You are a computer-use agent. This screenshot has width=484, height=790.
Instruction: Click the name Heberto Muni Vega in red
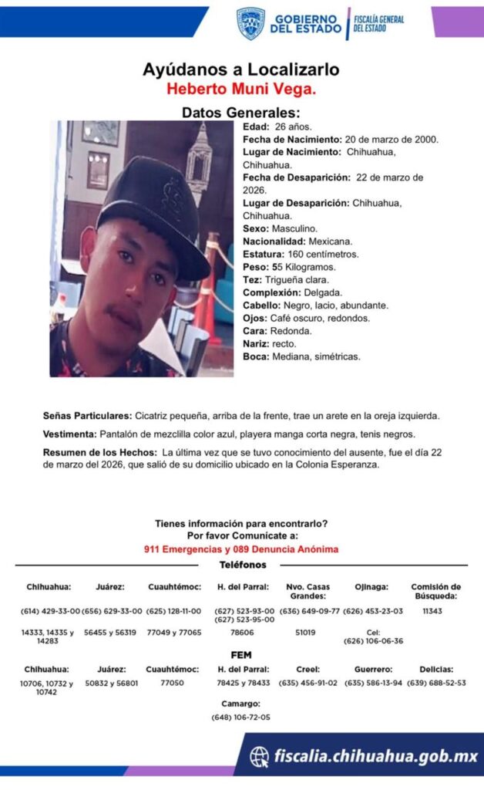click(x=241, y=89)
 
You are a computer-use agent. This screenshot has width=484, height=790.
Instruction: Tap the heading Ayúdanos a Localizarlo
click(x=241, y=69)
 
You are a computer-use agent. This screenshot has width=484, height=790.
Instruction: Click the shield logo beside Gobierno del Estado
click(x=250, y=23)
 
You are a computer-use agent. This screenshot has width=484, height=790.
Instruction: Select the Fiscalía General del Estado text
click(x=378, y=23)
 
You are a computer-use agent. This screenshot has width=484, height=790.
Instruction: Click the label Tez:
click(x=252, y=279)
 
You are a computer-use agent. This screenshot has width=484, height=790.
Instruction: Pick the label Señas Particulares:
click(x=86, y=416)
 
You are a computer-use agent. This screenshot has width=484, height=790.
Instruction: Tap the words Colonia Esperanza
click(x=338, y=464)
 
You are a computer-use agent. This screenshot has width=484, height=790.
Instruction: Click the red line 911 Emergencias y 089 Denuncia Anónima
click(x=241, y=549)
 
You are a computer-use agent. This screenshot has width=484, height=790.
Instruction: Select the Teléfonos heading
click(x=241, y=565)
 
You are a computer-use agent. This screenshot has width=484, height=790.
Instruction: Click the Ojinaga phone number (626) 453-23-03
click(x=373, y=610)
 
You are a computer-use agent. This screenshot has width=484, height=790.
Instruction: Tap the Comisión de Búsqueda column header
click(x=435, y=591)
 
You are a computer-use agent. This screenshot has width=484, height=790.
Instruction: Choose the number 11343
click(x=435, y=610)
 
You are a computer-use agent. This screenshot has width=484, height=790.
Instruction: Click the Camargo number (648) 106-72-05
click(x=241, y=717)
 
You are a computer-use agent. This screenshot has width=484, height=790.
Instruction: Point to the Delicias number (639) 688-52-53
click(x=436, y=683)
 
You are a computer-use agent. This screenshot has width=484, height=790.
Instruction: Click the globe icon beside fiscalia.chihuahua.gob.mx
click(x=260, y=756)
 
